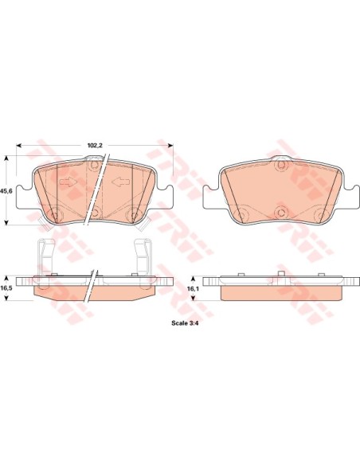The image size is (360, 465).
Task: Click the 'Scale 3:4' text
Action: click(x=185, y=323)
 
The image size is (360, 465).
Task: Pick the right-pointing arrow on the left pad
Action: click(x=68, y=182)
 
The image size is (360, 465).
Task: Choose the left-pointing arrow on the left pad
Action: click(x=121, y=182)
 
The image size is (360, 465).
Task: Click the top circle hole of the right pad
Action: click(x=281, y=164)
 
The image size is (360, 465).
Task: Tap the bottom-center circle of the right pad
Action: click(x=281, y=212)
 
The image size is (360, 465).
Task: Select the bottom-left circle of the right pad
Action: click(x=243, y=213)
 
